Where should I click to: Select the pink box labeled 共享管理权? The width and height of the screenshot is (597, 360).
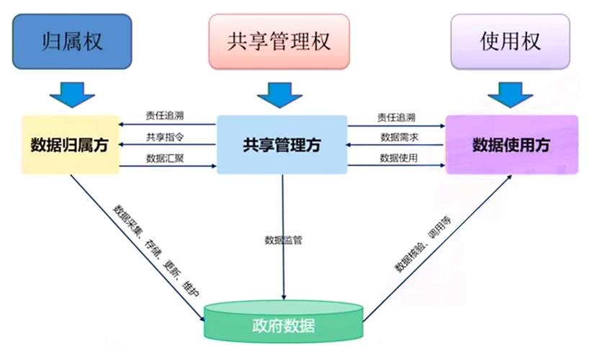278,41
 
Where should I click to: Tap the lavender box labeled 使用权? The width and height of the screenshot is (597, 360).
510,41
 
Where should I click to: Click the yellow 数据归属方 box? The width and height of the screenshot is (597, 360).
70,145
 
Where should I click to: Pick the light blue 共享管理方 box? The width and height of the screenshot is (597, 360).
282,145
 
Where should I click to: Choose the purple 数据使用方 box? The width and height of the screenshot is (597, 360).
511,145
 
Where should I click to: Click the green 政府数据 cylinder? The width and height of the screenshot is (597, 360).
284,325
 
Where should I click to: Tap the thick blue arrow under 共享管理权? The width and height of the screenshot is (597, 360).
278,91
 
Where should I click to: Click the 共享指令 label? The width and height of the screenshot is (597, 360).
165,137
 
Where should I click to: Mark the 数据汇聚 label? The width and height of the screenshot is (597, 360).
165,158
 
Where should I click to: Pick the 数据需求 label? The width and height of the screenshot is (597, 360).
398,137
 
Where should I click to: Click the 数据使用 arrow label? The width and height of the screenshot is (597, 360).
398,158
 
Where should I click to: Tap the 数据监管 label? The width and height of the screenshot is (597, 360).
283,239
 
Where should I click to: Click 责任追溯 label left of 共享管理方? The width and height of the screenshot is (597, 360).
165,117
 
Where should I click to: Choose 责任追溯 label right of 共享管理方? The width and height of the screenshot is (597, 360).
398,117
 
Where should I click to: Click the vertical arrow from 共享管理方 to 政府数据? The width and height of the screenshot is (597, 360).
283,274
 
